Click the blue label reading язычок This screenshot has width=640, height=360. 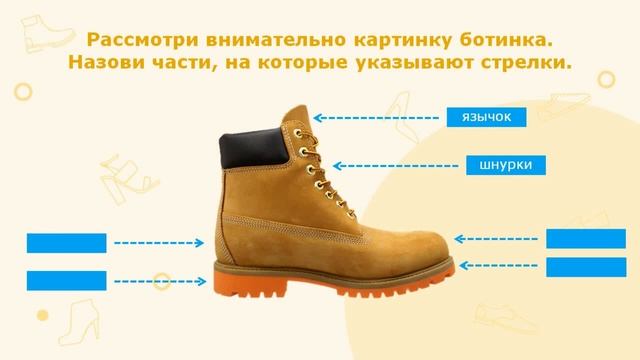click(x=485, y=117)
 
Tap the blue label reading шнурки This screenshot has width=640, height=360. click(x=505, y=164)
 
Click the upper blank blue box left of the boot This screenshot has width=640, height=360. click(x=66, y=242)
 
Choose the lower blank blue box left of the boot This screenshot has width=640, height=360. click(x=66, y=281)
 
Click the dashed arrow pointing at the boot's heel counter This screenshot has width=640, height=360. click(x=161, y=242)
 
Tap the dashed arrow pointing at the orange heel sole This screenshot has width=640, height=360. click(x=161, y=281)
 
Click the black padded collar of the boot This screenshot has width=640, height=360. click(x=250, y=146)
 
